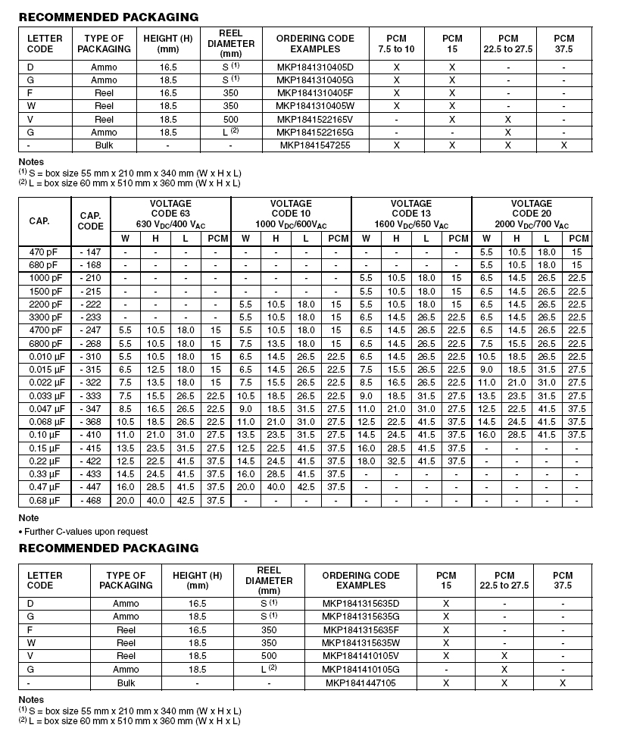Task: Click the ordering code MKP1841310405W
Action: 315,106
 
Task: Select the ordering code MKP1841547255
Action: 315,145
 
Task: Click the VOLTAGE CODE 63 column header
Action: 170,214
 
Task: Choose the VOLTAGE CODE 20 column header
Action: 532,214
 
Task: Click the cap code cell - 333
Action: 91,395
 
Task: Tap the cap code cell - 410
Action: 91,435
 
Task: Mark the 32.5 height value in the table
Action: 396,461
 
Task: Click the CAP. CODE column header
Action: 91,221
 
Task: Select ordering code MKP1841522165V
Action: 315,120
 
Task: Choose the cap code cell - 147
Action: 91,252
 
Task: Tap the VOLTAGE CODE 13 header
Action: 411,214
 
